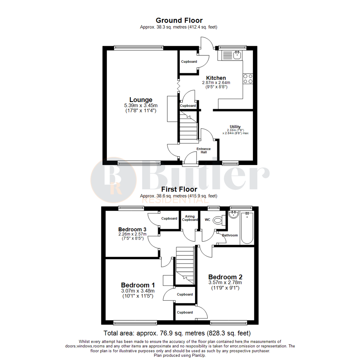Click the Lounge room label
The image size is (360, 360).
click(x=141, y=100)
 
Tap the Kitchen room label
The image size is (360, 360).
click(x=216, y=78)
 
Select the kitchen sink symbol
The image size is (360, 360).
click(x=237, y=55)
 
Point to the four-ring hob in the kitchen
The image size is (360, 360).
click(x=248, y=78)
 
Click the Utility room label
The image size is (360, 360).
click(x=235, y=127)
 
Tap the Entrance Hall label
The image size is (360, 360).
click(x=206, y=150)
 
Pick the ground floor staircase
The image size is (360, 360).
click(x=189, y=128)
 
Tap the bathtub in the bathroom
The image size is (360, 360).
click(x=247, y=228)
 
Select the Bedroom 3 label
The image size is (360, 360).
click(x=132, y=229)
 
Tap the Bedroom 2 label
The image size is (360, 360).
click(x=225, y=277)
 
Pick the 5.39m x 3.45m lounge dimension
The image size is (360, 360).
click(x=141, y=106)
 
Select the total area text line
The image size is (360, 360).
click(x=177, y=333)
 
